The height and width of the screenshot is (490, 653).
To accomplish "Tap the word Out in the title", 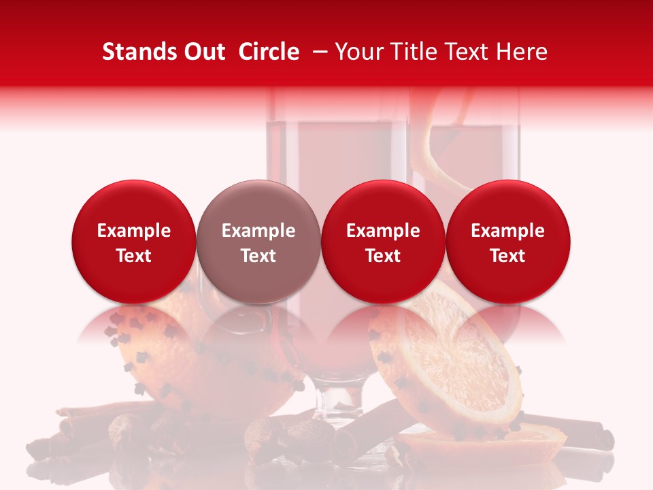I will (x=203, y=52).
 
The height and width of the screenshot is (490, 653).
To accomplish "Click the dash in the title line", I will (x=317, y=52).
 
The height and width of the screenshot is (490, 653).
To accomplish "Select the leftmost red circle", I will (x=133, y=242).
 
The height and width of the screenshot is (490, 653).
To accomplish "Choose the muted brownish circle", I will (x=258, y=242).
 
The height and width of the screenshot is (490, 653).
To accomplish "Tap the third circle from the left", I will (x=383, y=242).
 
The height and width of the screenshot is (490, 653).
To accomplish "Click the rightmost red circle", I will (x=508, y=242).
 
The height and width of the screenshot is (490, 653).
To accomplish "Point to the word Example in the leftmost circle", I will (x=133, y=231).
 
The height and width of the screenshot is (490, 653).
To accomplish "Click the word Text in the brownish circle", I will (x=258, y=256).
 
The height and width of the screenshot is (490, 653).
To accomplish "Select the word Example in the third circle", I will (x=383, y=231).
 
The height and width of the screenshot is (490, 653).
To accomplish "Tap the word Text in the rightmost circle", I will (x=508, y=256).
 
